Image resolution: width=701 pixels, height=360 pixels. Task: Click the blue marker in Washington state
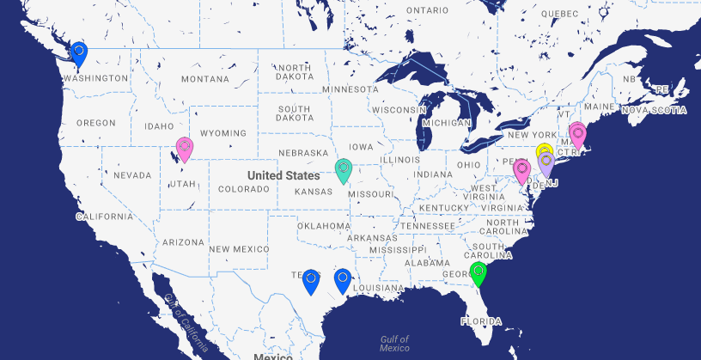pos(78,53)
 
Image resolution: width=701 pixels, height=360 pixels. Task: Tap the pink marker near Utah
pos(184,149)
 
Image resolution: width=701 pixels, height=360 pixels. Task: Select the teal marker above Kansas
pos(344,169)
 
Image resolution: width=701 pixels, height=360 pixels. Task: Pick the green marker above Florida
pos(479,273)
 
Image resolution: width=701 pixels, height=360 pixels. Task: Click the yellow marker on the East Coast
pos(544,154)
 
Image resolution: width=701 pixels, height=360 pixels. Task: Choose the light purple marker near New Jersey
pos(546,162)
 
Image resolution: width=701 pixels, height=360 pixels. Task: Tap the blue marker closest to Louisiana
pos(342,280)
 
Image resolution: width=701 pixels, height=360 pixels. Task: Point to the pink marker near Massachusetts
pos(577,134)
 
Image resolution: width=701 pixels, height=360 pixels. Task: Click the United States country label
pos(283,175)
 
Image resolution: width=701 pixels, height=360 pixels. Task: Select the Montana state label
pos(206,79)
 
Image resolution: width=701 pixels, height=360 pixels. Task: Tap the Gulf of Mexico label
pos(394,343)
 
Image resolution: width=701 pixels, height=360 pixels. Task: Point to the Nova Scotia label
pos(655,110)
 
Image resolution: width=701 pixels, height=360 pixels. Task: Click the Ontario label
pos(427,10)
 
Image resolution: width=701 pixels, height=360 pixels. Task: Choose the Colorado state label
pos(244,189)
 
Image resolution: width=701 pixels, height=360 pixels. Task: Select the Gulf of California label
pos(184,321)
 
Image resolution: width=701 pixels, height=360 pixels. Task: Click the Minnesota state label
pos(350,88)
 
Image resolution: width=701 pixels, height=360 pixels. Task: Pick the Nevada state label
pos(132,175)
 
